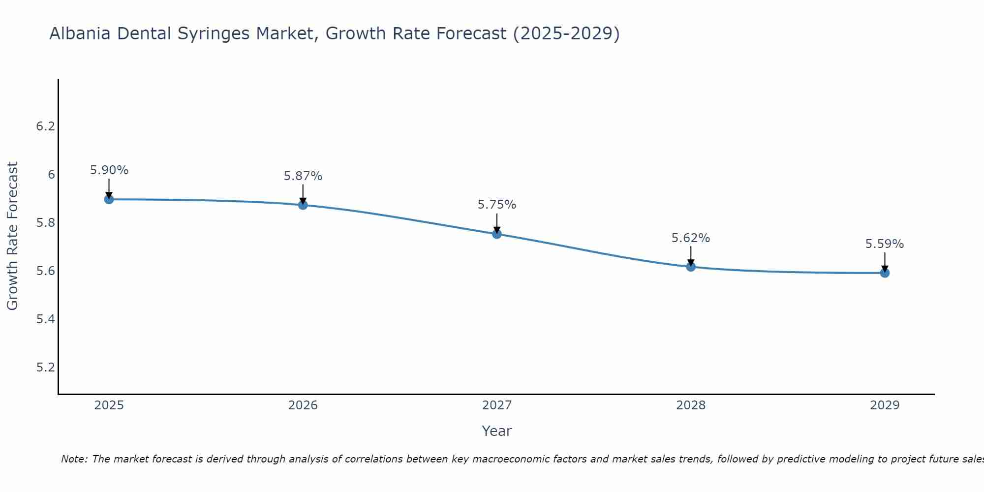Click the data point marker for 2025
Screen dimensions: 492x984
pos(109,199)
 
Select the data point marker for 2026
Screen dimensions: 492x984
pos(303,205)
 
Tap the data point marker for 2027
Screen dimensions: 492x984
pos(497,234)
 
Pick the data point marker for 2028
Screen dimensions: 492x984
pos(691,267)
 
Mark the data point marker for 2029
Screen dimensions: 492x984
pos(885,273)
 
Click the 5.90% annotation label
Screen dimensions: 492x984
pos(109,170)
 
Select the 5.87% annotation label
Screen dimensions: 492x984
pos(303,176)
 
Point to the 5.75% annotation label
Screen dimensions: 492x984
pos(497,205)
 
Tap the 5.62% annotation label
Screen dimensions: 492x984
pos(691,238)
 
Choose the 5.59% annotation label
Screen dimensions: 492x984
pos(885,244)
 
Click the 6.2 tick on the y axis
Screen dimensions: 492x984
pos(45,126)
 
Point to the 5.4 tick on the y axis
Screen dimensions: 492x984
pos(45,319)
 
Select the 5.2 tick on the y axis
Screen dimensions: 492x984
pos(45,368)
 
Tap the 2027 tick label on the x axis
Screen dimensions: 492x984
pos(497,405)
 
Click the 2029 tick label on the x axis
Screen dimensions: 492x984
pos(885,405)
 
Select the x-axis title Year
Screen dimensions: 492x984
pos(497,431)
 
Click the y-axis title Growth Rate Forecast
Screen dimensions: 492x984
pos(12,236)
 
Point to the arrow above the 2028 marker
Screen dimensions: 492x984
pos(691,255)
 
